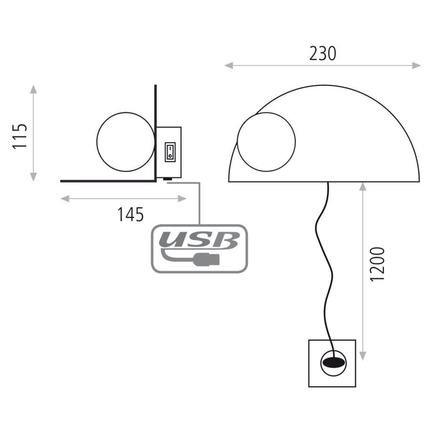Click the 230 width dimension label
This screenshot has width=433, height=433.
322,54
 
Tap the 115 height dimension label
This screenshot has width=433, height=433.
20,136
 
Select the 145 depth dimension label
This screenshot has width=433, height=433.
131,214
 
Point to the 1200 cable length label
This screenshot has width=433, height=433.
377,265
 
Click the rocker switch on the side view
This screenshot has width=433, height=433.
170,152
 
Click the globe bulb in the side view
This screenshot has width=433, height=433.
126,142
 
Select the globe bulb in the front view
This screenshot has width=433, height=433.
266,142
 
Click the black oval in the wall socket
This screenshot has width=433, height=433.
334,362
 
